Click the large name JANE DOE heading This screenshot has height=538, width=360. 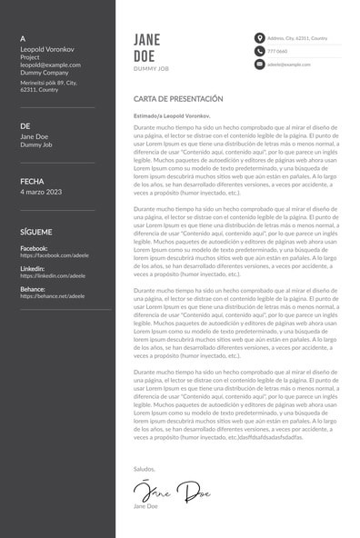(146, 46)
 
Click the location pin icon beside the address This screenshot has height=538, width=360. (260, 38)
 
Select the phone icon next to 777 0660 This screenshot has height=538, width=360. (260, 52)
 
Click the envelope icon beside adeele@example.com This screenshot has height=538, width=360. (260, 65)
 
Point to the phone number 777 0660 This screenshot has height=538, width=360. (276, 52)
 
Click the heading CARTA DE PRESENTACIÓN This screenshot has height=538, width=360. (177, 98)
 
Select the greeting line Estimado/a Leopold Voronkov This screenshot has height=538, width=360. (171, 117)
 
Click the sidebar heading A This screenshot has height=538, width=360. (23, 38)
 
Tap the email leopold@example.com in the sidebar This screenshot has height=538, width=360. (45, 65)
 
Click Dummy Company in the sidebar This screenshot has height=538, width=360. (45, 73)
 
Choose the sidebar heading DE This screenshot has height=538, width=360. (25, 125)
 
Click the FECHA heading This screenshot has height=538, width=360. (32, 182)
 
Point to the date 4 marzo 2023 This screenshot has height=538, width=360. (41, 192)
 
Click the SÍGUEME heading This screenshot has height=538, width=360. (36, 233)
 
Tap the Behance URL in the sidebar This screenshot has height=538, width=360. (52, 296)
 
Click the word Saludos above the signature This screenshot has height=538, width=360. (145, 468)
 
